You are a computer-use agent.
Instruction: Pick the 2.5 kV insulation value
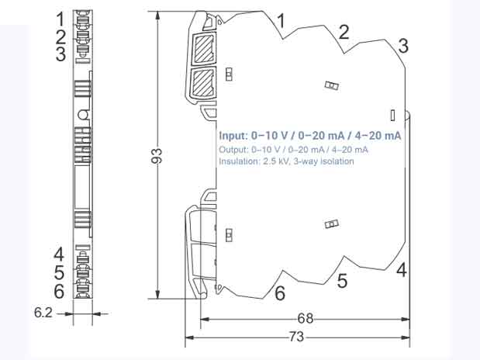(x=273, y=161)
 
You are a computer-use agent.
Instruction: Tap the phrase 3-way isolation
(x=322, y=161)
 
